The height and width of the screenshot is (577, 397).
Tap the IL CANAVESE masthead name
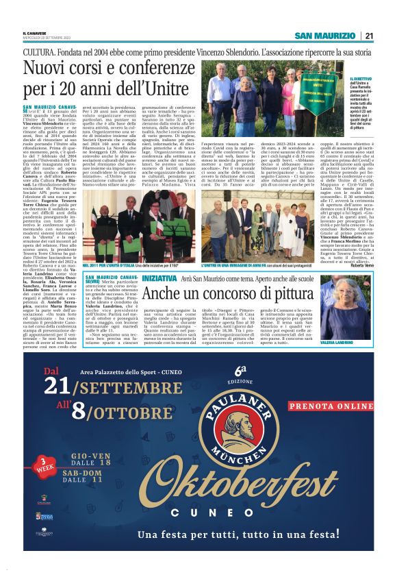tap(34, 32)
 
